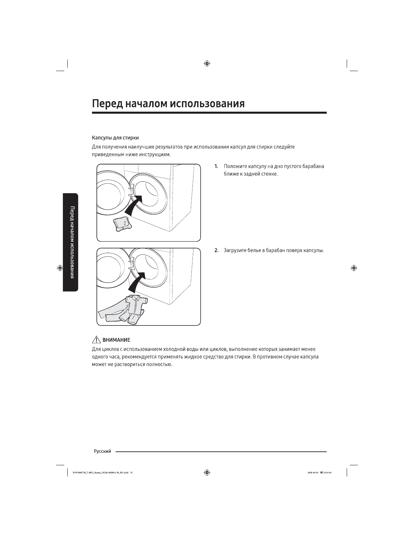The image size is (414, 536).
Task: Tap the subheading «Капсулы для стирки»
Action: point(115,138)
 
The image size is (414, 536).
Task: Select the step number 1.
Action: point(216,166)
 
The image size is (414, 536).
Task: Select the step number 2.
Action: point(216,250)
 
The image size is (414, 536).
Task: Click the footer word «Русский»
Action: point(102,451)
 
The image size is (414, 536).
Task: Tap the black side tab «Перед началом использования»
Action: point(71,242)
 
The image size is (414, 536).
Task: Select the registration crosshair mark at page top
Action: point(207,63)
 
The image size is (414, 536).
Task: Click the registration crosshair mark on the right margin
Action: point(354,268)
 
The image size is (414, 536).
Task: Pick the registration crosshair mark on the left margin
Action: point(60,268)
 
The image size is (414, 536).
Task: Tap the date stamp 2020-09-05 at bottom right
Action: point(313,473)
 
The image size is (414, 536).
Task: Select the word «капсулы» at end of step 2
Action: point(314,250)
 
